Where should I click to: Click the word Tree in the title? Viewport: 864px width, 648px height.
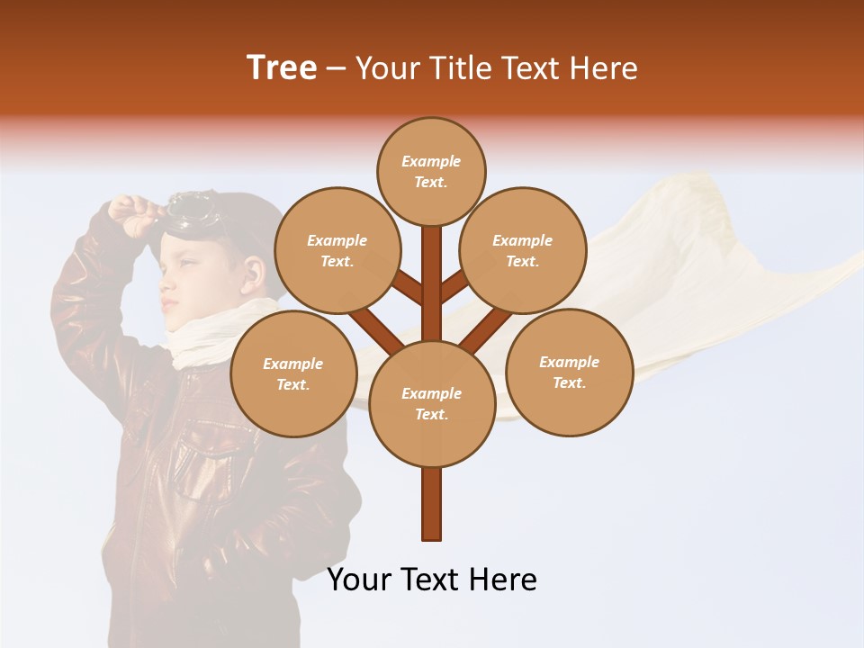(282, 67)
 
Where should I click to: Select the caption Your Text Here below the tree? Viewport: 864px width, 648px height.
(432, 580)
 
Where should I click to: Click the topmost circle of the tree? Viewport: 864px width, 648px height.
(431, 171)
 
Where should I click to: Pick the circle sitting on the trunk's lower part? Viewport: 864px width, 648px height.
(432, 404)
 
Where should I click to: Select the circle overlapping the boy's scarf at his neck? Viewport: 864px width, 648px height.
(293, 373)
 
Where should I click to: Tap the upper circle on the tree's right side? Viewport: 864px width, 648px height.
(523, 250)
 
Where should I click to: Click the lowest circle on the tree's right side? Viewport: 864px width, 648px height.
(569, 372)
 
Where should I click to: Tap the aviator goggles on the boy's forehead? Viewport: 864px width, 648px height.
(191, 210)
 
